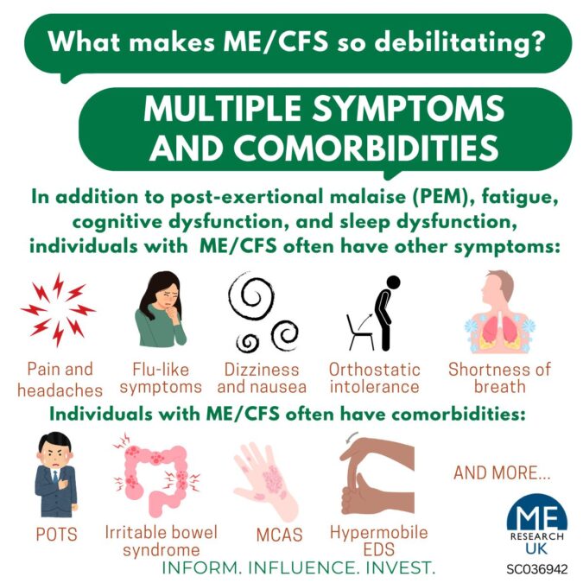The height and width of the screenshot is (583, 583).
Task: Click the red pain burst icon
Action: click(x=58, y=310)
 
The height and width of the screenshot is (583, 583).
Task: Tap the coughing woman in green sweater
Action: click(x=161, y=309)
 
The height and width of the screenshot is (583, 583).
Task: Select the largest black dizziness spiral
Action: click(x=251, y=296)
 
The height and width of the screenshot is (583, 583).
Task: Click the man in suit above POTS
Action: click(x=56, y=474)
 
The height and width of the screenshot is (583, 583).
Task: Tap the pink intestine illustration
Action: click(x=157, y=475)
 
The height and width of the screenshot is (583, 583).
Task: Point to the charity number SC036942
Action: click(x=537, y=569)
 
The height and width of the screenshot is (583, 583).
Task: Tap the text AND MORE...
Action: click(x=502, y=472)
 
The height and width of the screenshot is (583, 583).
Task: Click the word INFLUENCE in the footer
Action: click(x=301, y=567)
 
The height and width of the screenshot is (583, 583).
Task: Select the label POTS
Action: click(x=56, y=535)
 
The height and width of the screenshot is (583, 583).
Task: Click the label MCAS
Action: click(x=279, y=535)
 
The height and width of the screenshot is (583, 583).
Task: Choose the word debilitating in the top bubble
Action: click(x=459, y=42)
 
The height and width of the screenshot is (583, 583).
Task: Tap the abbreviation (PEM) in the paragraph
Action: click(x=442, y=197)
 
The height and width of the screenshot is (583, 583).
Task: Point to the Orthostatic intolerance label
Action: click(x=374, y=378)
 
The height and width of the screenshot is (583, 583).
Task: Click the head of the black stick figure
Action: click(x=393, y=282)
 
